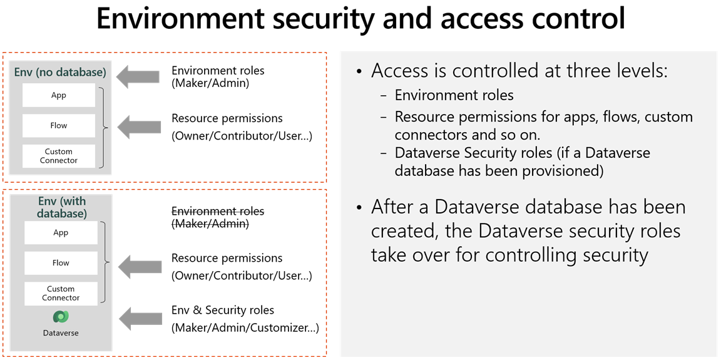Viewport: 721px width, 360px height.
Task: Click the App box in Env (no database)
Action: [59, 96]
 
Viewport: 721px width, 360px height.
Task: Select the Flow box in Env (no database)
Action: [59, 126]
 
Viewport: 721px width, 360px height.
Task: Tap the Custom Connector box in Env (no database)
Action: [59, 156]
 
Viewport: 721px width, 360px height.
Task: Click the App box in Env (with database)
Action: [61, 233]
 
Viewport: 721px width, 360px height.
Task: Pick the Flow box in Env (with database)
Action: [61, 263]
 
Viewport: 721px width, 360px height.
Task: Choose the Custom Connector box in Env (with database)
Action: [61, 294]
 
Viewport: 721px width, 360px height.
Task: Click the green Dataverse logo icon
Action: [61, 317]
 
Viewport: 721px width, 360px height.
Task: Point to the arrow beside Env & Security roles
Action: [140, 318]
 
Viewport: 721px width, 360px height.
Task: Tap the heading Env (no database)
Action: [60, 73]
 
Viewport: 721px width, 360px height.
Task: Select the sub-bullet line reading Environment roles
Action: [454, 95]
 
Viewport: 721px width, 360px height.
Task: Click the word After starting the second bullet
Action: [398, 207]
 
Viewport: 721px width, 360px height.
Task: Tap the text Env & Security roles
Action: [223, 311]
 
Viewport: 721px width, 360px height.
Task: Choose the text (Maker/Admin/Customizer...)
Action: [245, 327]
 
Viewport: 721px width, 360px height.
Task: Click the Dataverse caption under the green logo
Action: [61, 333]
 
